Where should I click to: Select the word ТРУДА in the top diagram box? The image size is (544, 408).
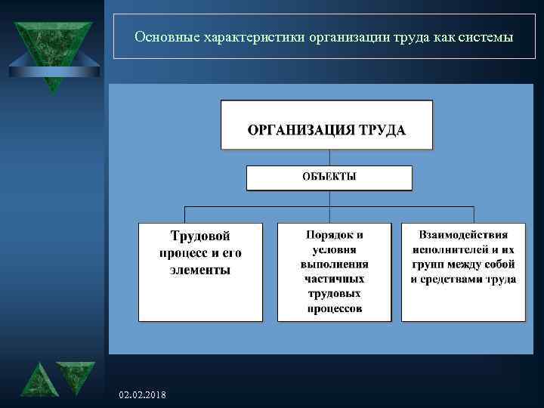point(381,130)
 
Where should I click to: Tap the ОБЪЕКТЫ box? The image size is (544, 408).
point(329,178)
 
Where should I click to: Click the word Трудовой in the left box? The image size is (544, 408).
point(199,236)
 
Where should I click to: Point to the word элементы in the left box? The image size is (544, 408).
point(199,269)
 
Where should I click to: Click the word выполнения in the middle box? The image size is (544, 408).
point(334,264)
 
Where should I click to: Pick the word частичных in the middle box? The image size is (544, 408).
point(334,279)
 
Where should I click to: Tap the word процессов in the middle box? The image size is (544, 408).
point(334,308)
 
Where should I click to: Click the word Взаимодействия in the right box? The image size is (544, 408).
point(464,235)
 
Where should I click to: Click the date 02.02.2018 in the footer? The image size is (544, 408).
point(144,396)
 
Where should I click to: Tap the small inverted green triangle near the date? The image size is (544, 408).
point(76,376)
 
